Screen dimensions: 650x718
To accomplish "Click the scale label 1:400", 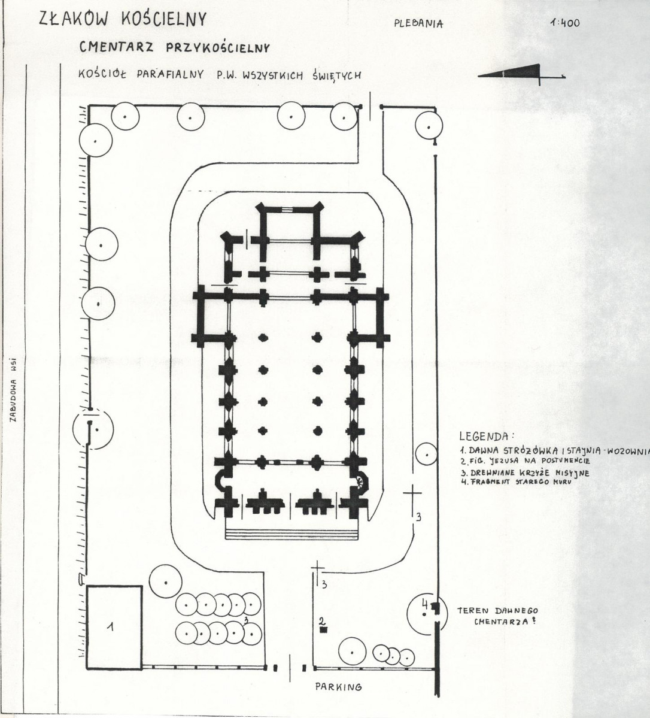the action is coord(566,22).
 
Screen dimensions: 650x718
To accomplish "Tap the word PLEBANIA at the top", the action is coord(418,24).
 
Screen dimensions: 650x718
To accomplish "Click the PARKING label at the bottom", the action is coord(338,686).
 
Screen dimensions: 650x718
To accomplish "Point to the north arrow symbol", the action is coord(521,75).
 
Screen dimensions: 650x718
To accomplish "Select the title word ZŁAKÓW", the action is coord(75,19).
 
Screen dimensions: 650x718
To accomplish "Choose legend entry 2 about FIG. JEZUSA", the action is coord(525,461).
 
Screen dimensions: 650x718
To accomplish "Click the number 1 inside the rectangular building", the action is coord(110,627).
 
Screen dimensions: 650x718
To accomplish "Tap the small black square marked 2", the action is coord(323,630).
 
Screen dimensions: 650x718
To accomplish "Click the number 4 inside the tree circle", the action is coord(424,604).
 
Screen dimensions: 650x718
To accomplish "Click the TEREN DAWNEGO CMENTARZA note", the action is coord(498,616).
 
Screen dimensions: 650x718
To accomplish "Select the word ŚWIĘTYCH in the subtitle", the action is coord(337,75).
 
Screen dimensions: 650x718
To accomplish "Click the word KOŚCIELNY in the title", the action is coord(164,19).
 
